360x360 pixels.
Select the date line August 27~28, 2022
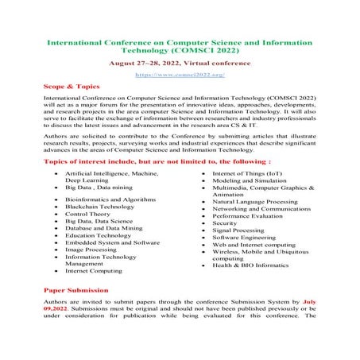(180, 60)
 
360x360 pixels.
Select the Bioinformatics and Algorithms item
(105, 196)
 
